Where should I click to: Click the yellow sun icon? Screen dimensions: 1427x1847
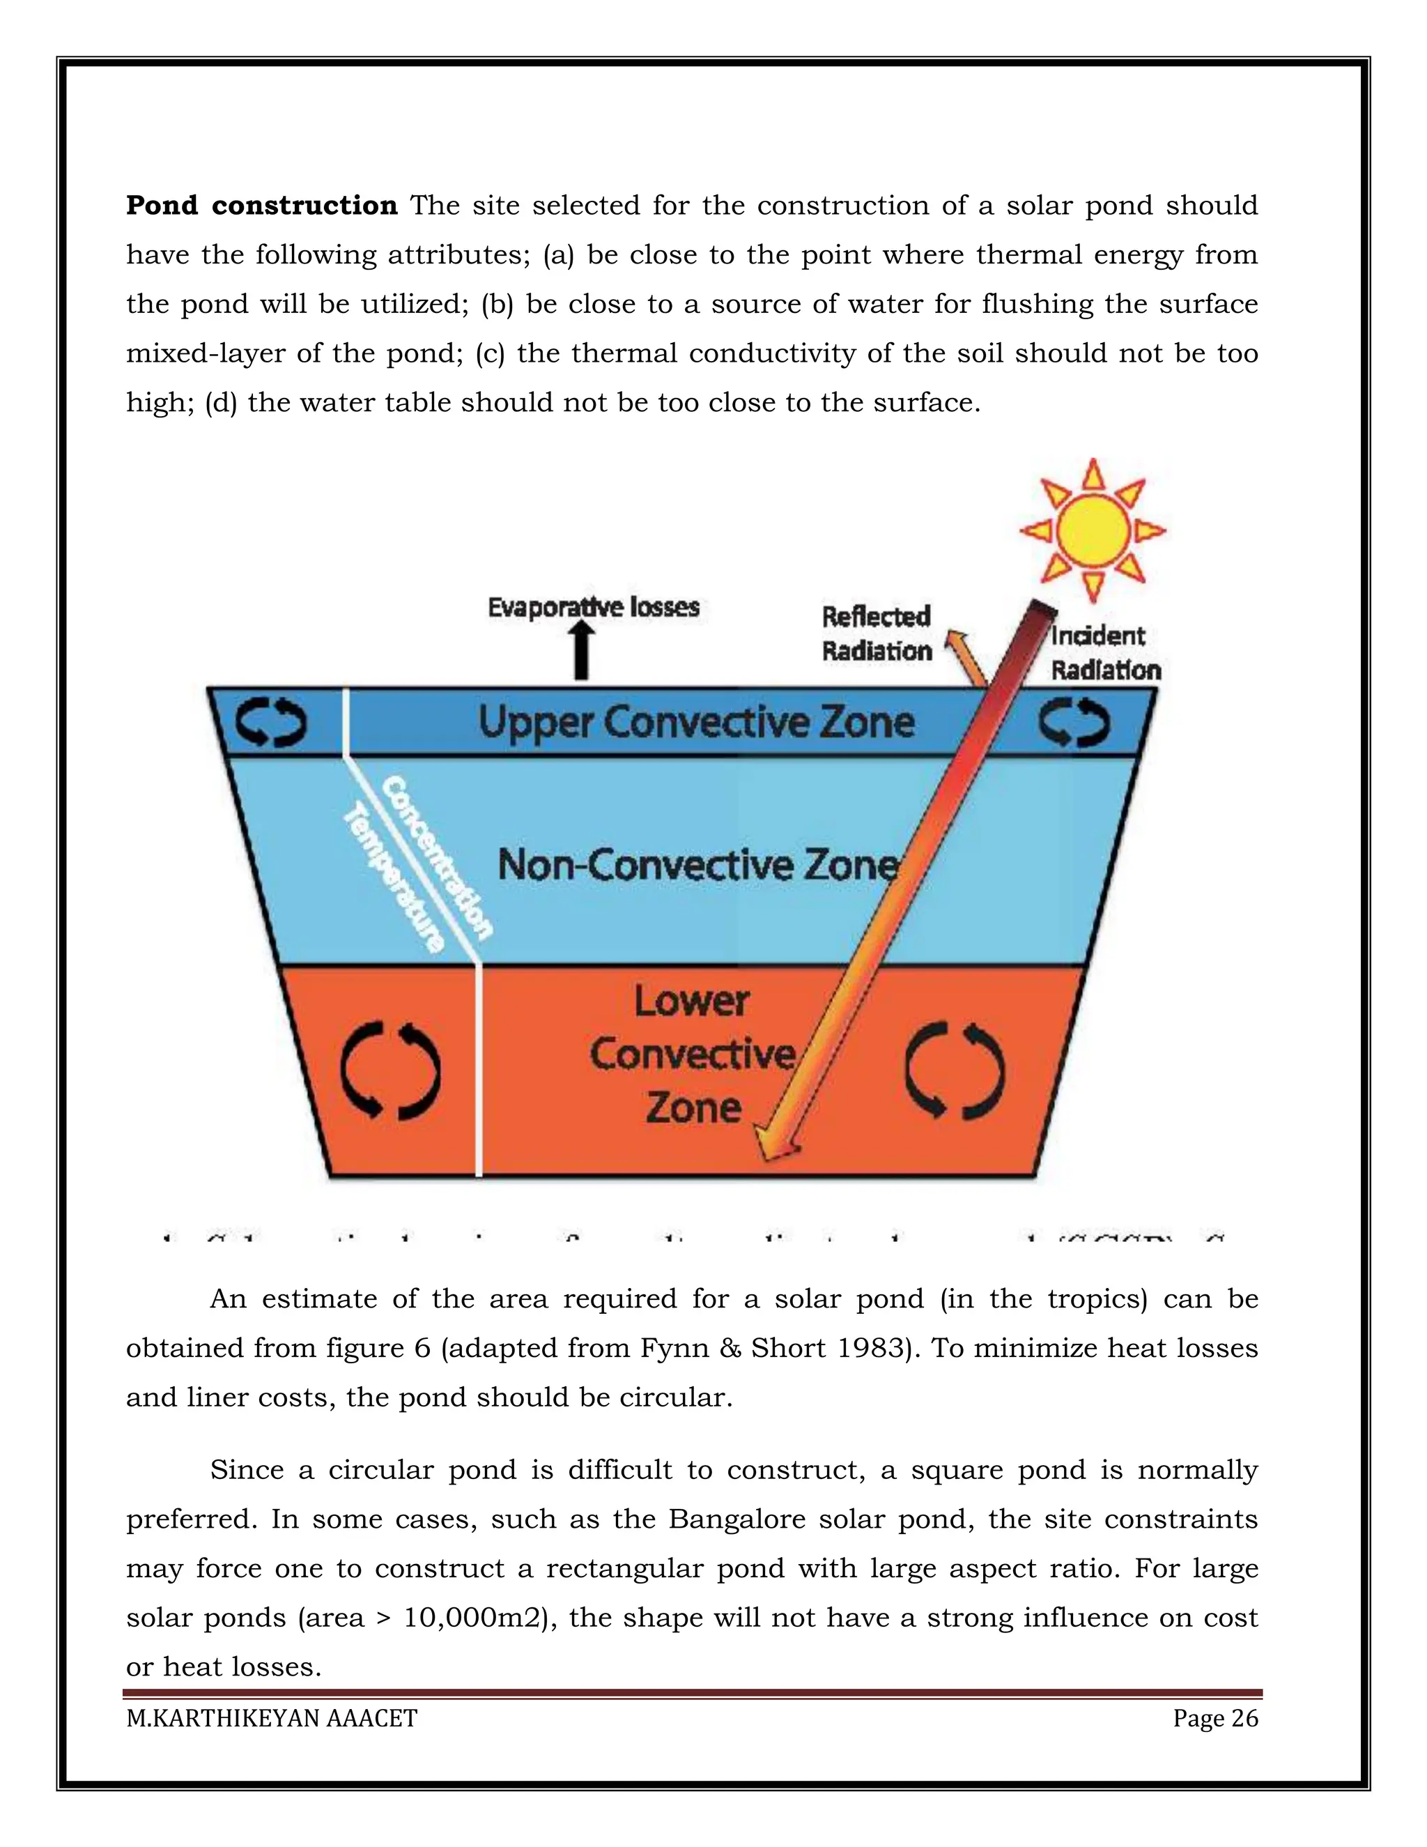[x=1093, y=530]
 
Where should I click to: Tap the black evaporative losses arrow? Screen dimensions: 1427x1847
[x=582, y=654]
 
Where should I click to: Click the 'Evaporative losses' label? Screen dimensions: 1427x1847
[x=594, y=607]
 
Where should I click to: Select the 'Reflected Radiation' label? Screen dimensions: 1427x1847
[x=877, y=634]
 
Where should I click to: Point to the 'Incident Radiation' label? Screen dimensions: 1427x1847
[x=1104, y=652]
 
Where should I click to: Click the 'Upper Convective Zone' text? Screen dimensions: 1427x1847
[x=697, y=723]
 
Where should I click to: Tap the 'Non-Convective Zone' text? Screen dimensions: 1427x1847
[x=697, y=864]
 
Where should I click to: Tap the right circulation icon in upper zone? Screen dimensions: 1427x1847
[x=1074, y=723]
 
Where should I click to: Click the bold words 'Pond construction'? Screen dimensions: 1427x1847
[x=261, y=206]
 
